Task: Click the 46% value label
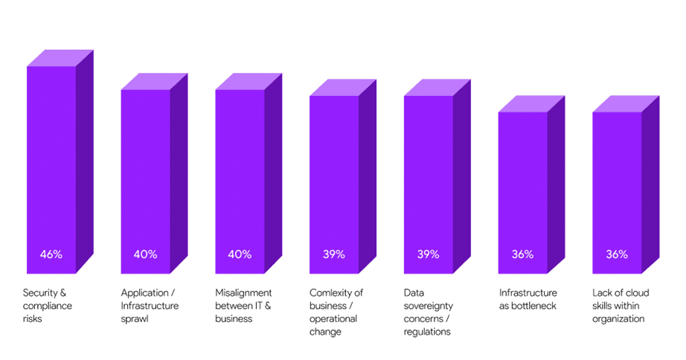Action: (x=51, y=254)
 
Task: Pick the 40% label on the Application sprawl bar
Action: (x=146, y=254)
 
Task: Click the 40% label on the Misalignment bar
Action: (x=240, y=254)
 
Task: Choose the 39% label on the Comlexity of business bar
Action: (x=334, y=254)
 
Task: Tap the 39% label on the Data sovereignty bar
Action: (x=428, y=254)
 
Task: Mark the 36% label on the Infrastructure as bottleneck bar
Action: (x=522, y=254)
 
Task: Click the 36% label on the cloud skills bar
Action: (x=617, y=254)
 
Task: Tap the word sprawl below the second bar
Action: (x=135, y=320)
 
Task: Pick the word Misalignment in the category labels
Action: (x=243, y=293)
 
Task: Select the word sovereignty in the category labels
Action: (x=428, y=306)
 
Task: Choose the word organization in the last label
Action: (x=618, y=320)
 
